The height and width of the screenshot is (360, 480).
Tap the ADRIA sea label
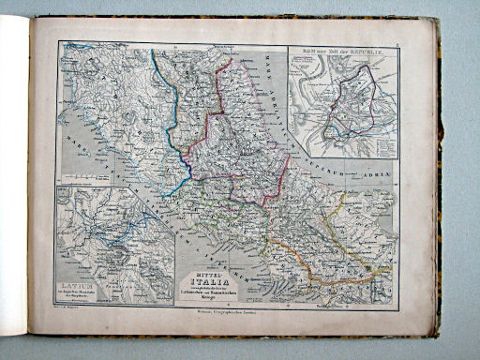(379, 174)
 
